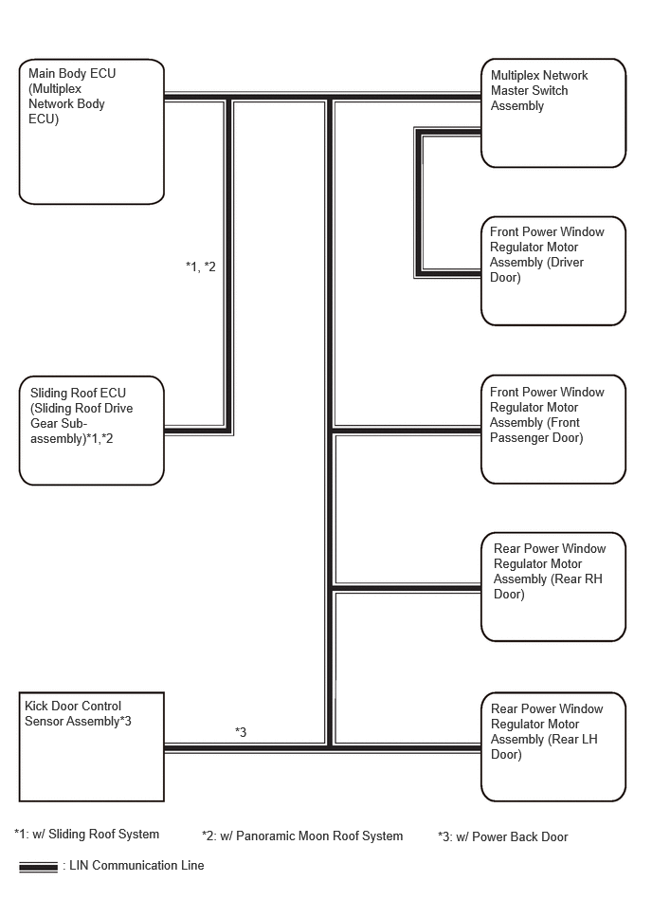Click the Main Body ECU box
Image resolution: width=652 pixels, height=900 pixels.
[92, 132]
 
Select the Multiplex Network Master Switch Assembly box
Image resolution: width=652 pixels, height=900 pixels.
[553, 113]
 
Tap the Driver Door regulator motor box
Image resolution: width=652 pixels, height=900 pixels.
[553, 271]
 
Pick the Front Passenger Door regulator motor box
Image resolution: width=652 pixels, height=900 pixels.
[553, 430]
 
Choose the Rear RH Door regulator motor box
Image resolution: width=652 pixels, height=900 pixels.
[553, 587]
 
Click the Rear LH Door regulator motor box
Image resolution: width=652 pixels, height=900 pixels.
[553, 746]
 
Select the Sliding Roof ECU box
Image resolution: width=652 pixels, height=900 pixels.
[92, 431]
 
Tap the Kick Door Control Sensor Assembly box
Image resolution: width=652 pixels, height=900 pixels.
[92, 746]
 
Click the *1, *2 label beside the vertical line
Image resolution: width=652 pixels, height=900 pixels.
[201, 266]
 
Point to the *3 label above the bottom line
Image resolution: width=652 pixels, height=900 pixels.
[241, 732]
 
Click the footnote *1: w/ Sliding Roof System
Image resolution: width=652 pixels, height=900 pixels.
[86, 834]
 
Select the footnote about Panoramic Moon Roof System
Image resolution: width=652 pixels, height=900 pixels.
[302, 836]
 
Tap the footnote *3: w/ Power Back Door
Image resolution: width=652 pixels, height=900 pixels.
[503, 836]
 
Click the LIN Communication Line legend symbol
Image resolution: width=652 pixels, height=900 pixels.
[39, 867]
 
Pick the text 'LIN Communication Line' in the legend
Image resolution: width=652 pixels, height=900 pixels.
[136, 865]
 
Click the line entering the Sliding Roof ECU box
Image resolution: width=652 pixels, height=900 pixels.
[197, 431]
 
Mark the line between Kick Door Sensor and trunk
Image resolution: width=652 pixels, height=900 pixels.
[246, 748]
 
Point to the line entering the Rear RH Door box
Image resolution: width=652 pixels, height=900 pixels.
[407, 588]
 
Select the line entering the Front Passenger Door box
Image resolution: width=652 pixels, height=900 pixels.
[407, 430]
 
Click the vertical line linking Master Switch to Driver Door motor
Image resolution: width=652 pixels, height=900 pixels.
[419, 203]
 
